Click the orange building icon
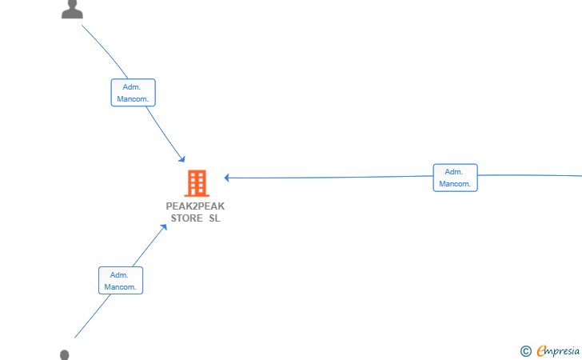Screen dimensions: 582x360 tap(197, 183)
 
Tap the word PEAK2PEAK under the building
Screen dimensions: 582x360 tap(195, 206)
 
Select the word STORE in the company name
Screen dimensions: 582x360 tap(187, 218)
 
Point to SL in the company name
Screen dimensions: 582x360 tap(214, 218)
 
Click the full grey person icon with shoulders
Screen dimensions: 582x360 tap(72, 10)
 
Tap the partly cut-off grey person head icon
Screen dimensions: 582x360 tap(65, 354)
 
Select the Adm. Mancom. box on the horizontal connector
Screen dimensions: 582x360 tap(455, 178)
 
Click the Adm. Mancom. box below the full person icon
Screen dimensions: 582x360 tap(133, 93)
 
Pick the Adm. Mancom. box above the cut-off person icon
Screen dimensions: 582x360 tap(121, 281)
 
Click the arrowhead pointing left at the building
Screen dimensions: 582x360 tap(226, 178)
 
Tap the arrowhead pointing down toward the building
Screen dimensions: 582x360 tap(182, 159)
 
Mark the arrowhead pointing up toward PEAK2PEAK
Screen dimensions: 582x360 tap(163, 227)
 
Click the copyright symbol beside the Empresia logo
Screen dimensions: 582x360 tap(525, 351)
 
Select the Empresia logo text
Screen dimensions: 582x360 tap(558, 351)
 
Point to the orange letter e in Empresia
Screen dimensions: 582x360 tap(541, 350)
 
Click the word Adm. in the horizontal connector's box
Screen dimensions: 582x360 tap(453, 172)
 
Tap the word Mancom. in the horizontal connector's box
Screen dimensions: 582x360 tap(455, 184)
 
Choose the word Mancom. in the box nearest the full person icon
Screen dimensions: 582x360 tap(133, 99)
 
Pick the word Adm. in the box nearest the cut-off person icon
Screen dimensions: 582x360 tap(119, 275)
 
